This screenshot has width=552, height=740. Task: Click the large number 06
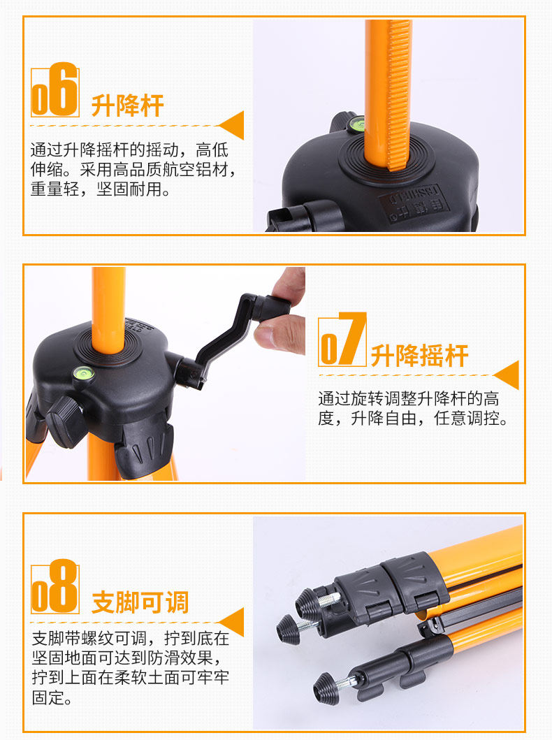(x=55, y=89)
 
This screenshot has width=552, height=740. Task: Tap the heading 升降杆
(x=127, y=106)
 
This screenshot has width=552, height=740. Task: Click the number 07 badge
(x=342, y=340)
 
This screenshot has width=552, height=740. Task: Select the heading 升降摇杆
(x=419, y=356)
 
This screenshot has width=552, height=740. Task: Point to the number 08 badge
(x=55, y=586)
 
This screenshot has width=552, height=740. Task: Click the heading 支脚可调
(x=140, y=602)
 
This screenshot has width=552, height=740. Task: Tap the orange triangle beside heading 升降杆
(x=232, y=125)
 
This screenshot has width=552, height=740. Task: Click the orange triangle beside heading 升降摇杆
(x=507, y=375)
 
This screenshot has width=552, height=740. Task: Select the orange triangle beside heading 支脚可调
(x=232, y=622)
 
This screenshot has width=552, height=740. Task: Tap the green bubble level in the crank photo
(x=83, y=375)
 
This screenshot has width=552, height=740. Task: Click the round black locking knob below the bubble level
(x=64, y=422)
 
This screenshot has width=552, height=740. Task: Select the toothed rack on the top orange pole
(x=398, y=94)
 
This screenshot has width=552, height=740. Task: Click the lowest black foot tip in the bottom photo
(x=326, y=689)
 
